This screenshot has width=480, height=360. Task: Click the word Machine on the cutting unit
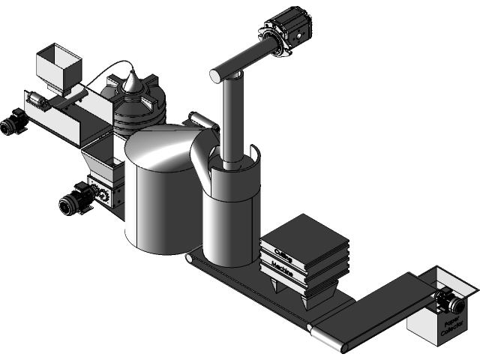tap(283, 267)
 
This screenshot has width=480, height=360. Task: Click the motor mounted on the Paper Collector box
tap(450, 302)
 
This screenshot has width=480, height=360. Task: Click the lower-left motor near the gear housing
tap(72, 203)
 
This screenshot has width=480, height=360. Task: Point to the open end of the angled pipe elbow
tap(217, 74)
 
